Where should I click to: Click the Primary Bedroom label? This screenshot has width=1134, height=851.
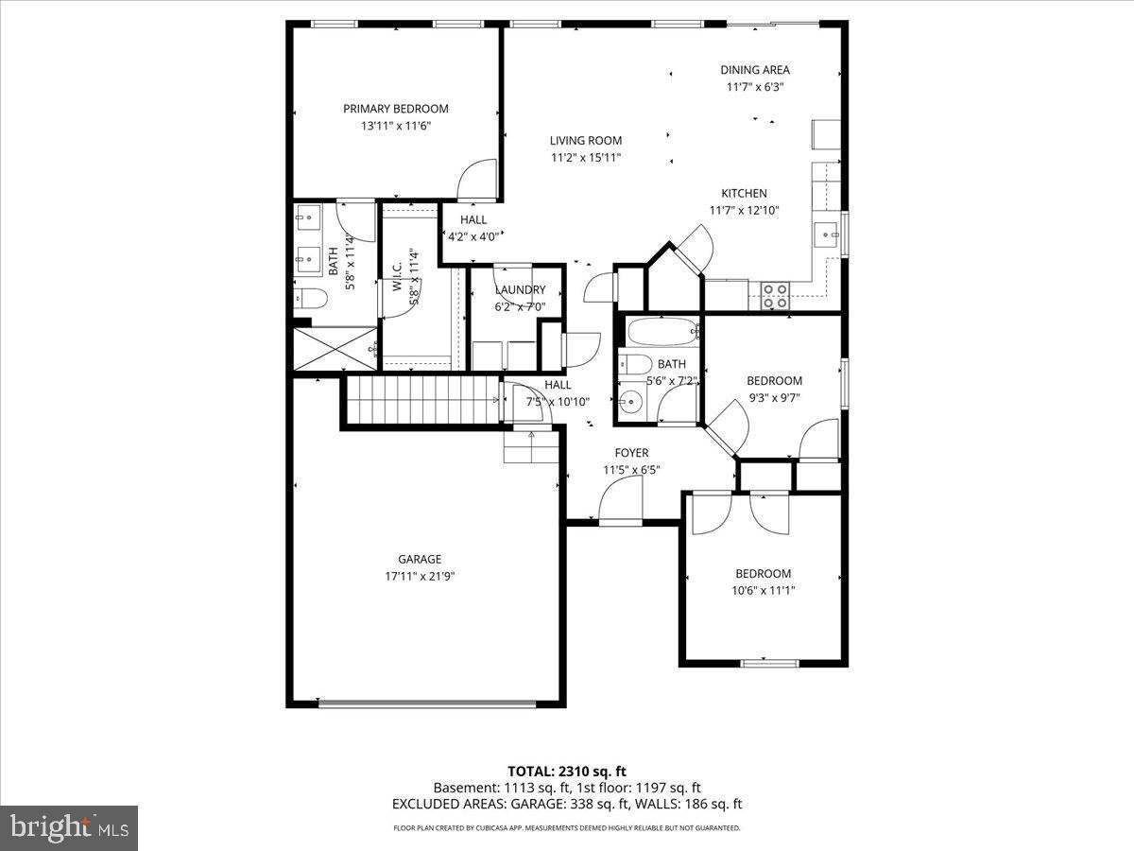pyautogui.click(x=395, y=109)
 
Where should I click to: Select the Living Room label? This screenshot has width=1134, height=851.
pyautogui.click(x=586, y=141)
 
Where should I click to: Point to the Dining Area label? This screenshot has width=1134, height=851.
pyautogui.click(x=754, y=70)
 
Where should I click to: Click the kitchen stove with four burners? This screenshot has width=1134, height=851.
pyautogui.click(x=776, y=296)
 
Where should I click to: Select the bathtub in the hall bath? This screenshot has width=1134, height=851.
pyautogui.click(x=661, y=332)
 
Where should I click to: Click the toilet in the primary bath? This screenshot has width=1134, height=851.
pyautogui.click(x=310, y=300)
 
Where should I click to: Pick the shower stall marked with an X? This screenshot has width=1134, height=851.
pyautogui.click(x=335, y=349)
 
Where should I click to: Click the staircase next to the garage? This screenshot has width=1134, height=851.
pyautogui.click(x=420, y=399)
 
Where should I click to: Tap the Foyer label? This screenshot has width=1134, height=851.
pyautogui.click(x=631, y=453)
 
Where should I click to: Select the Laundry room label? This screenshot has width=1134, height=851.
pyautogui.click(x=520, y=290)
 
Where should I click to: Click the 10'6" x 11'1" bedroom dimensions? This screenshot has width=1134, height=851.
pyautogui.click(x=764, y=590)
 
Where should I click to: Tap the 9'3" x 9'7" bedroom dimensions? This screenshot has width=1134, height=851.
pyautogui.click(x=774, y=397)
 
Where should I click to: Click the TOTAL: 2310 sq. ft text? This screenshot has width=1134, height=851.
pyautogui.click(x=567, y=771)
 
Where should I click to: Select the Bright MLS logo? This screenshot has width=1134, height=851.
pyautogui.click(x=69, y=828)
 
